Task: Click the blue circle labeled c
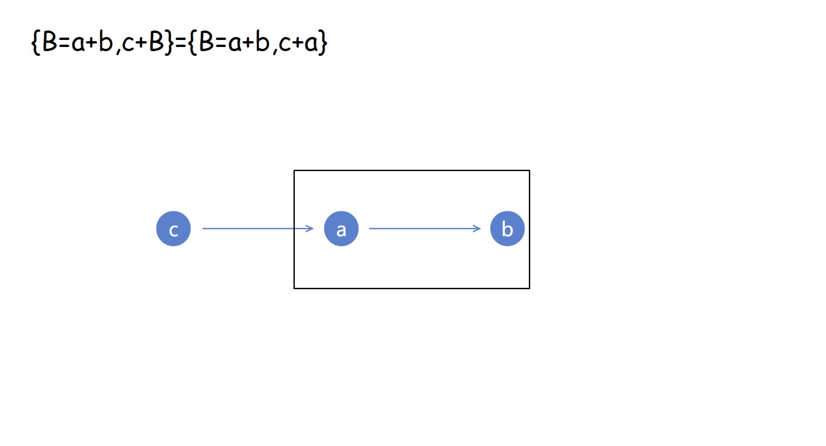click(173, 229)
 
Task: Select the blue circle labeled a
click(341, 229)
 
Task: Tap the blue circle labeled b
click(507, 229)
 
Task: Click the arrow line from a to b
click(423, 229)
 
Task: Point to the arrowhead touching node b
click(478, 229)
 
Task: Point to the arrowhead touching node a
click(311, 229)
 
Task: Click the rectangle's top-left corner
click(294, 170)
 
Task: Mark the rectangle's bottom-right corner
click(530, 288)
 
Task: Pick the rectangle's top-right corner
click(530, 170)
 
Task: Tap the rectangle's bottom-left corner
click(294, 288)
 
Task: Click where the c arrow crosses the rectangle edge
click(294, 229)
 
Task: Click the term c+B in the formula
click(144, 43)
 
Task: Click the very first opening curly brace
click(35, 43)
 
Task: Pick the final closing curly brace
click(322, 43)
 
